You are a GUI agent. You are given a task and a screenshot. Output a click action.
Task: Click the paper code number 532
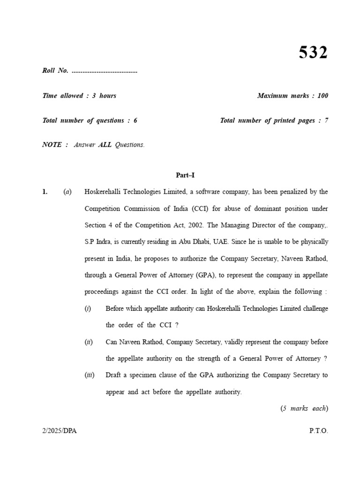[313, 52]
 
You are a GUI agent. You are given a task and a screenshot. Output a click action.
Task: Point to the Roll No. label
[55, 71]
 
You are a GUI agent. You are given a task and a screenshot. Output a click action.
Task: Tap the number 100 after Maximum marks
[322, 96]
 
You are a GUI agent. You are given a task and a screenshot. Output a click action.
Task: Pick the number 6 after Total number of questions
[135, 120]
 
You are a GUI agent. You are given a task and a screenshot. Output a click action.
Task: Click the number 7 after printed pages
[326, 120]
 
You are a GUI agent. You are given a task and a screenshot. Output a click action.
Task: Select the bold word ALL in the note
[105, 145]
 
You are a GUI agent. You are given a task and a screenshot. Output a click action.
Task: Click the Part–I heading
[185, 175]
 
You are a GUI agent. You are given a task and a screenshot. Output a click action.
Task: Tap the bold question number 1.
[45, 192]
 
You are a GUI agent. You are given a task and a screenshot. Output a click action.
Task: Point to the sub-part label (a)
[67, 192]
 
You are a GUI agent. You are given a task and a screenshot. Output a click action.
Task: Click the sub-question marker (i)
[88, 308]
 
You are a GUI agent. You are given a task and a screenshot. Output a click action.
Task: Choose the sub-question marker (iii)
[90, 375]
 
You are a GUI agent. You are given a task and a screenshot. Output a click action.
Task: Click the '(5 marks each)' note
[304, 408]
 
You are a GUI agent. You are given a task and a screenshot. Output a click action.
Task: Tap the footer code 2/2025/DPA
[59, 431]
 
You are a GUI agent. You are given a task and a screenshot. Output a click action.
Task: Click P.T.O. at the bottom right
[318, 431]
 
